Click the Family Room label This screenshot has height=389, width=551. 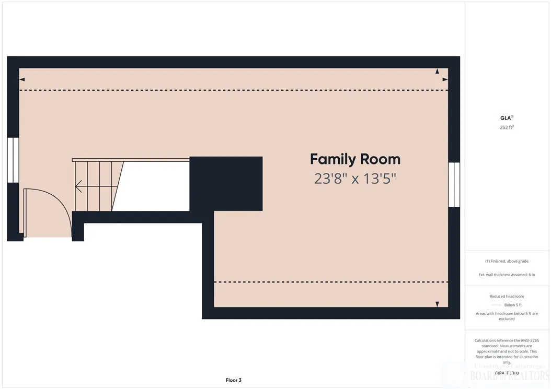click(355, 159)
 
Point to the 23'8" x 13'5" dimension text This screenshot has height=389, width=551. click(355, 179)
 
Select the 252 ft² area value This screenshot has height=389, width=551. click(507, 127)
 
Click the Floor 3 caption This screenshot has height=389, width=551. click(234, 380)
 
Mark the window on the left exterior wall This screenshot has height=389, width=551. click(13, 160)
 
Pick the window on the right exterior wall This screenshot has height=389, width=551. click(454, 184)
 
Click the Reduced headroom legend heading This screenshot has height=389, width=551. click(507, 296)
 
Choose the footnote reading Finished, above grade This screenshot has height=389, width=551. click(507, 261)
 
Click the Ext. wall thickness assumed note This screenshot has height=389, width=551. click(507, 275)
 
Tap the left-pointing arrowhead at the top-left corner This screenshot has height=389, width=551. click(22, 79)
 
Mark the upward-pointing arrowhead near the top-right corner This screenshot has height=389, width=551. click(437, 72)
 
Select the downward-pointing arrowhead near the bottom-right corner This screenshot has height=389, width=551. click(437, 304)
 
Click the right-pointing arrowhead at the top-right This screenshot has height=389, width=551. click(445, 79)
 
